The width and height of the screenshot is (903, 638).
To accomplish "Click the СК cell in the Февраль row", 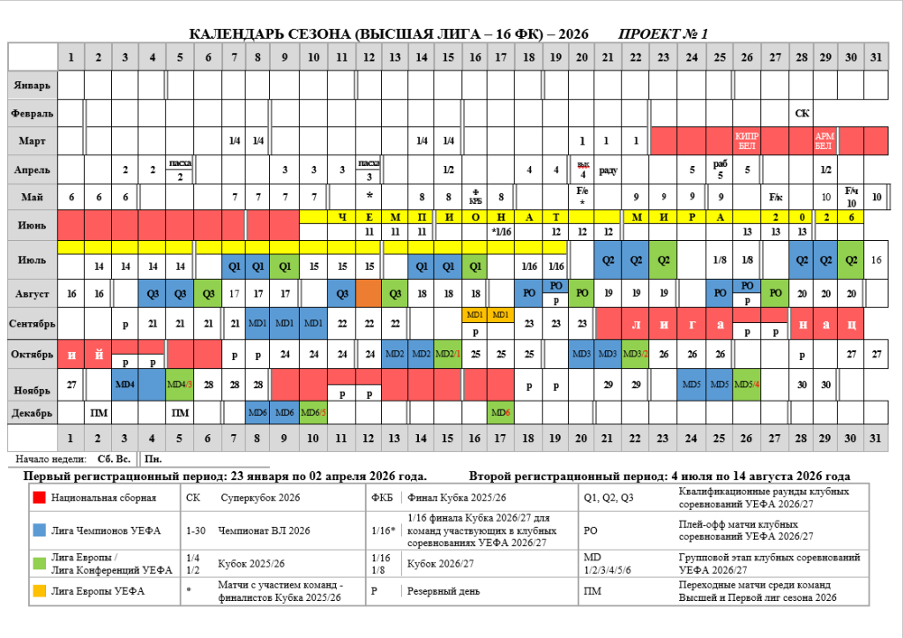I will point(802,113).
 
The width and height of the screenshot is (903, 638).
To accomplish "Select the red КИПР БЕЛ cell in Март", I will point(746,140).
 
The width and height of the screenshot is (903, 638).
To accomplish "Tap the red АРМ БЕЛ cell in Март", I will point(824,140).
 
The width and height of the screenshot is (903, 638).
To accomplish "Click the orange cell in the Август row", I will point(368,292).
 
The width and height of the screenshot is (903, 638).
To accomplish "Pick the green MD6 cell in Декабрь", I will point(500,412).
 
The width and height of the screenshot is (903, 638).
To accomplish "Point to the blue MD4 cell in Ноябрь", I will point(124,385).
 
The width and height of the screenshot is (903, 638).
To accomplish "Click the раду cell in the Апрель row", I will point(608,169).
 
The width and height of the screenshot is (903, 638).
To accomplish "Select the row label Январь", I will point(33,86).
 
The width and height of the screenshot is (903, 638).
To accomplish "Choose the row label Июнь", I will point(33,224).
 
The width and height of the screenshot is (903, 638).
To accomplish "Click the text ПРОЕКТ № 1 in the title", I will point(663,34).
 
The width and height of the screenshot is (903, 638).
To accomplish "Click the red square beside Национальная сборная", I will point(38,498).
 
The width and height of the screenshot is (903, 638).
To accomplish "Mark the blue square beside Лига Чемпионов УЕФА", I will point(38,530).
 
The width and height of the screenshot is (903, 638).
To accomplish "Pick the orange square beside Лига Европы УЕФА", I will point(38,590).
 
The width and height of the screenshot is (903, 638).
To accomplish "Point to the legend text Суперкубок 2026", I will point(260,498).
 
